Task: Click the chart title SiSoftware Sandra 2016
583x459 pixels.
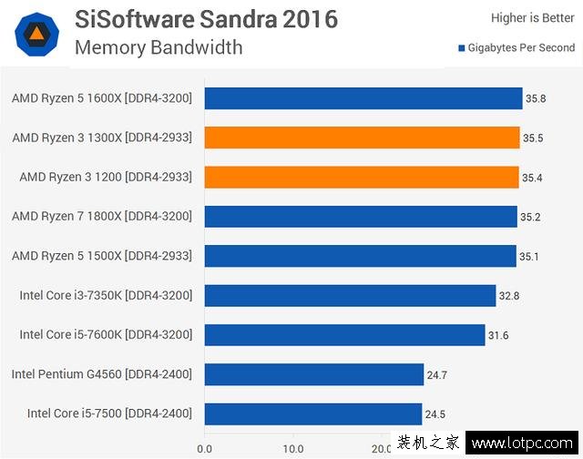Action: [x=206, y=18]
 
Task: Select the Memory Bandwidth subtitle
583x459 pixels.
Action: [x=159, y=47]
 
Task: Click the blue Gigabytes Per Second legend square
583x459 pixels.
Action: [x=463, y=48]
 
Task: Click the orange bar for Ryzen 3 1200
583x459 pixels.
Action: [x=361, y=177]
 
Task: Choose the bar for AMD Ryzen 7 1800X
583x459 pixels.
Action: [x=361, y=216]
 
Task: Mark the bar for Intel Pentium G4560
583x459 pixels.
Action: [x=314, y=374]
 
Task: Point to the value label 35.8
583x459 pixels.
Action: [x=535, y=98]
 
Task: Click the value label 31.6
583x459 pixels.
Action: [x=498, y=335]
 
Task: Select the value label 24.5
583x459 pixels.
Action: [x=435, y=413]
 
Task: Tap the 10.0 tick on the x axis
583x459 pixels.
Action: [x=293, y=448]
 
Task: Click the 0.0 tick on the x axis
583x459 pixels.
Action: [x=205, y=448]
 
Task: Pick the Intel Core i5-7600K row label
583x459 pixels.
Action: [x=106, y=335]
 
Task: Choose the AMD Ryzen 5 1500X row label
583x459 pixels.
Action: [x=102, y=256]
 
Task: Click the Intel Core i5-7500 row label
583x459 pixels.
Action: [x=109, y=413]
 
